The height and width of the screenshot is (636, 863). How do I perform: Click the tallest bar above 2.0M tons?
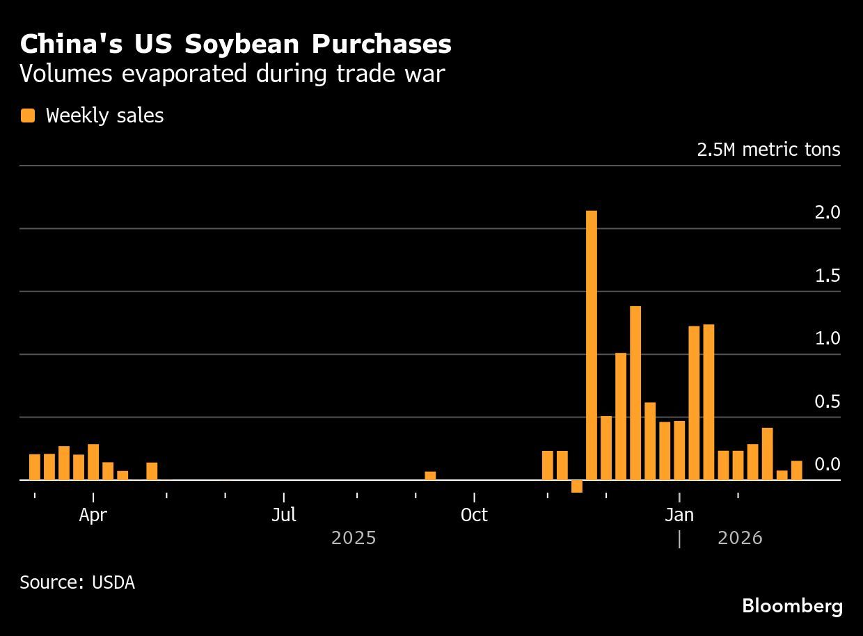[592, 344]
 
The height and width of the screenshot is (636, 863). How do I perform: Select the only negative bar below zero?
[577, 486]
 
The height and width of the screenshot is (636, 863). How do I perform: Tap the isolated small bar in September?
[430, 476]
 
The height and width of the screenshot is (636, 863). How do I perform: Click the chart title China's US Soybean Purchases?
[236, 44]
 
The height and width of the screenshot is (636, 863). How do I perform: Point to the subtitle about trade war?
[232, 74]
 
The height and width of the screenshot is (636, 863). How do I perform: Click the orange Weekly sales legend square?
[28, 116]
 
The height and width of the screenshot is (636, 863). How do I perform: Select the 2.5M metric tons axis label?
[768, 150]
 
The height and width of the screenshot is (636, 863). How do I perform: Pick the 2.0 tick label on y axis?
[828, 213]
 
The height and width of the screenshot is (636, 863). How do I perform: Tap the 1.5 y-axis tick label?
[828, 276]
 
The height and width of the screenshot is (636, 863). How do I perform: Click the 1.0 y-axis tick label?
[828, 339]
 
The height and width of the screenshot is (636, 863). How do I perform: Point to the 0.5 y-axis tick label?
[828, 402]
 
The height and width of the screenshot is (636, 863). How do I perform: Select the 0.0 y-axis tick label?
[828, 465]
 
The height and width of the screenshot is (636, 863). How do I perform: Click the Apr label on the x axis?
[93, 516]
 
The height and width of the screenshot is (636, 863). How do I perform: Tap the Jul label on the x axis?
[284, 516]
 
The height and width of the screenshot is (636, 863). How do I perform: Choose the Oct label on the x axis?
[474, 516]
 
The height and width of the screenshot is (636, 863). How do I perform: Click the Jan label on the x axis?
[679, 516]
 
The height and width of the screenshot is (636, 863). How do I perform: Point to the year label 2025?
[354, 539]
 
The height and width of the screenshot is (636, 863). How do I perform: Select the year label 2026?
[740, 539]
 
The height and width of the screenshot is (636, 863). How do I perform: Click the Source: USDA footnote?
[77, 582]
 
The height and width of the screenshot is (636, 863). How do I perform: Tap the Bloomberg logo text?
[792, 606]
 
